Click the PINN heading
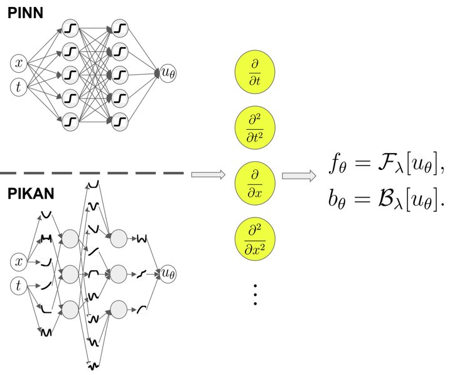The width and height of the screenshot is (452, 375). point(25,13)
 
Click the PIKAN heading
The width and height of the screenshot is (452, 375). point(31,194)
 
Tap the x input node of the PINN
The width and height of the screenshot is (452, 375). point(18,63)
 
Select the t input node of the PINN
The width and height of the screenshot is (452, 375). point(18,87)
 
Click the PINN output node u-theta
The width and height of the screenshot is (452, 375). point(168,73)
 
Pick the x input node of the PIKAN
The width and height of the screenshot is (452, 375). point(18,261)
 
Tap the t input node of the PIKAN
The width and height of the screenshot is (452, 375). point(18,286)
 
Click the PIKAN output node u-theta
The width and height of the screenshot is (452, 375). point(168,273)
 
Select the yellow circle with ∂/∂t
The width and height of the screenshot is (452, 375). point(255,72)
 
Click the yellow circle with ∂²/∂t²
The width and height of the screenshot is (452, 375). point(255,127)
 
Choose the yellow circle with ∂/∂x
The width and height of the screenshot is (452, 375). point(255,184)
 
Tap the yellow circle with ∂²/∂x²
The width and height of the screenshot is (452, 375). point(255,239)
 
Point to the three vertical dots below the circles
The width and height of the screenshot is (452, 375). point(255,295)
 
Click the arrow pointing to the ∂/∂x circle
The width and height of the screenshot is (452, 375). point(208,174)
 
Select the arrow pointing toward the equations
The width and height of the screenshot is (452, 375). point(299,176)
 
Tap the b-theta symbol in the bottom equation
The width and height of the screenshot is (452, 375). point(336,199)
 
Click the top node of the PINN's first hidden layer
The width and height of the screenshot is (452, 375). point(70,28)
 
